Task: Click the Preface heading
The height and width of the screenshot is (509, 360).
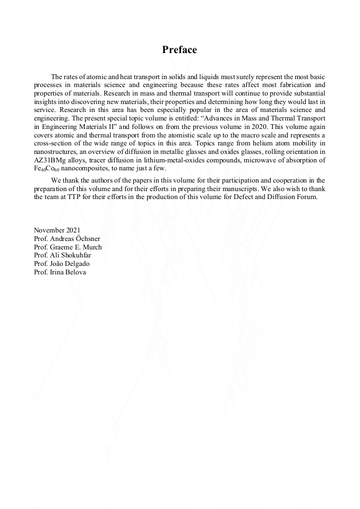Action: pyautogui.click(x=179, y=50)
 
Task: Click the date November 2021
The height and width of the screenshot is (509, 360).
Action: pyautogui.click(x=57, y=230)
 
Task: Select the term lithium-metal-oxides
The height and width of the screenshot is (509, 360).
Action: pyautogui.click(x=168, y=160)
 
